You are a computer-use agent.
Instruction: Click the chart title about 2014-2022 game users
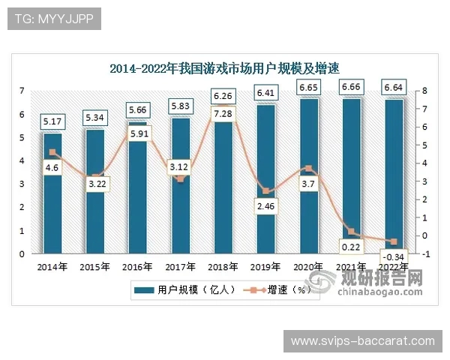(x=224, y=68)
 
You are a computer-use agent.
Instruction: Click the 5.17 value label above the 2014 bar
(x=52, y=121)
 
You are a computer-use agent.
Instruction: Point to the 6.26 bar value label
(x=223, y=96)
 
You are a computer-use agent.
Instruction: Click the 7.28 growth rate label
(x=223, y=114)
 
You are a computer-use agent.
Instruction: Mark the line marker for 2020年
(x=308, y=169)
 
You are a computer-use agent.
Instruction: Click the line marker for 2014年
(x=52, y=152)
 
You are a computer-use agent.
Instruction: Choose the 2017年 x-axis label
(x=180, y=266)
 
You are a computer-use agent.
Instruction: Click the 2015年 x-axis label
(x=94, y=266)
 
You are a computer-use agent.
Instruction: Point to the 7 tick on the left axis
(x=22, y=91)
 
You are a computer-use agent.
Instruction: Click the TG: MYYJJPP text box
(x=54, y=19)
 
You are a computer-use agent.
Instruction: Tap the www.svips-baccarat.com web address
(x=362, y=341)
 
